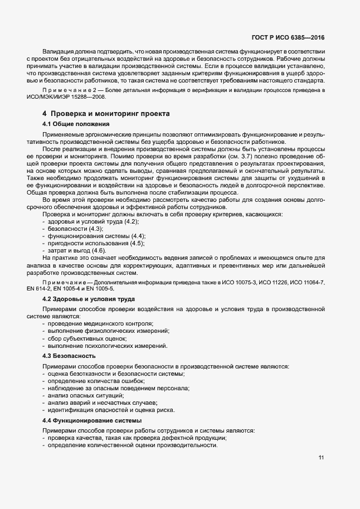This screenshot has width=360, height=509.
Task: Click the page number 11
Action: (x=322, y=458)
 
